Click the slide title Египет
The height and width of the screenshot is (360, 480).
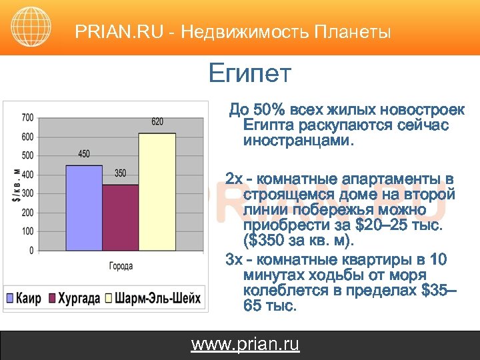[x=249, y=73]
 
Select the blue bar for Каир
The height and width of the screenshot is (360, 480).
[x=83, y=207]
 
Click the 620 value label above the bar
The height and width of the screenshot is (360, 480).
[x=157, y=121]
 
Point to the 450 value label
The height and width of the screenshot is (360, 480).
[x=83, y=154]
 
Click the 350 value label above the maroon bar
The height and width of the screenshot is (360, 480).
[x=120, y=173]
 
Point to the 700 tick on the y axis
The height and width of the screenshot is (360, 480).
[x=27, y=118]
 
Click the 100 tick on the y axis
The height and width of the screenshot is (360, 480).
[x=27, y=231]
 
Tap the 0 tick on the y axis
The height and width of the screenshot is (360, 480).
[x=31, y=251]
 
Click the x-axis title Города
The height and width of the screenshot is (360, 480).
[x=121, y=266]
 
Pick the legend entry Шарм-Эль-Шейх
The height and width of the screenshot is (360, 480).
[x=157, y=298]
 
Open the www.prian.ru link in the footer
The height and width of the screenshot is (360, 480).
[x=245, y=344]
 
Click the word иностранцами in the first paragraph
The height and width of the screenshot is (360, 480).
[x=299, y=141]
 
